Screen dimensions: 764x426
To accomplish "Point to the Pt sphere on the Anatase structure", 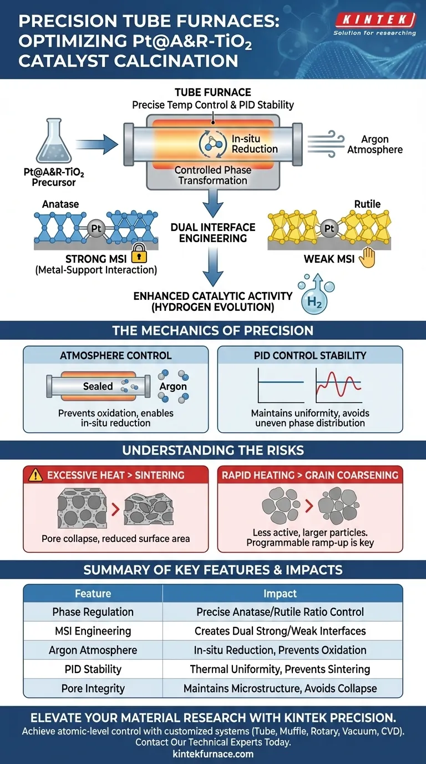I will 95,228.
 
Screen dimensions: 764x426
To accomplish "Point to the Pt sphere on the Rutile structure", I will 330,228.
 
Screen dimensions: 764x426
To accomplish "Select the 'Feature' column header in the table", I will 93,594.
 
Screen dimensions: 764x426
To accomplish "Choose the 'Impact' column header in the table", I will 280,594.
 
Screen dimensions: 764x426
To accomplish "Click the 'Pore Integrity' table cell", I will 93,688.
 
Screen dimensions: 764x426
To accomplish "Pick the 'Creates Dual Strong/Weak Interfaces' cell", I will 280,631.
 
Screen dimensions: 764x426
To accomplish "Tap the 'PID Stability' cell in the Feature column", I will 93,669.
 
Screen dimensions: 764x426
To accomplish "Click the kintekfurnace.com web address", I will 213,753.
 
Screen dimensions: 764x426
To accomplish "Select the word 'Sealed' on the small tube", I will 98,386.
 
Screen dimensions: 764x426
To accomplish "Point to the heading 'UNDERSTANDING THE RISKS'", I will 213,450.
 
